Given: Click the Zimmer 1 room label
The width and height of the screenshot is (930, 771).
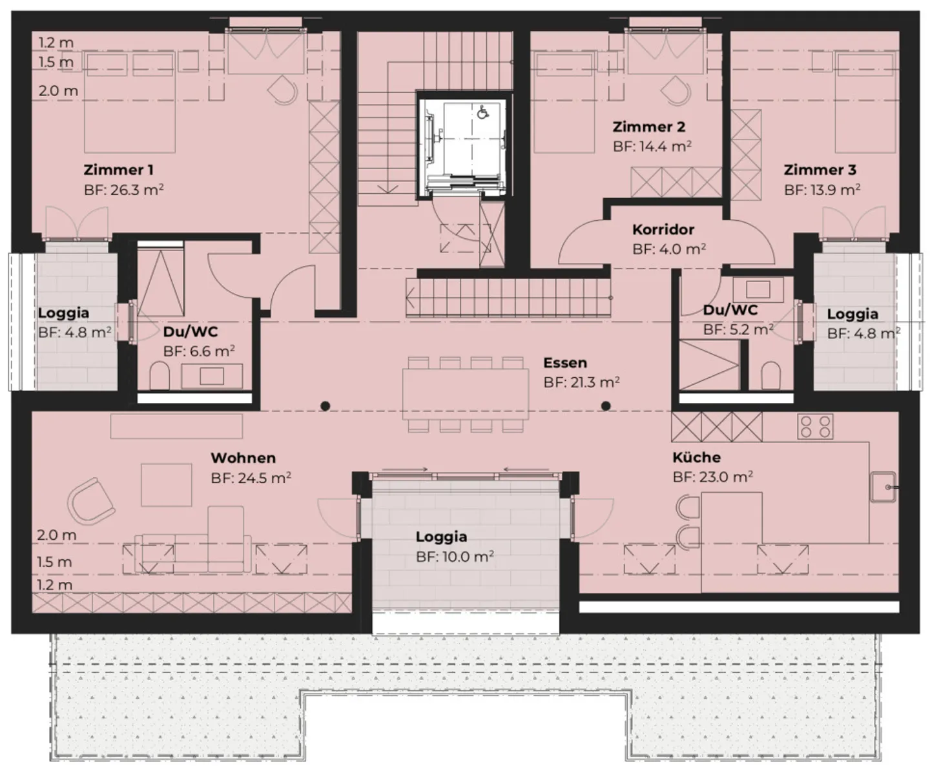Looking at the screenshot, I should point(118,170).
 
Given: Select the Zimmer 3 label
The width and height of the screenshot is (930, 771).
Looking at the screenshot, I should point(820,170).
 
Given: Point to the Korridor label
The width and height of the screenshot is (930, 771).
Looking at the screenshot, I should point(663,229).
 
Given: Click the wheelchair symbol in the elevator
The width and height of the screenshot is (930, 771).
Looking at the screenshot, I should point(482,112).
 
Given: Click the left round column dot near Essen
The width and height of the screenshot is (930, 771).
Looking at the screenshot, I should point(325,406).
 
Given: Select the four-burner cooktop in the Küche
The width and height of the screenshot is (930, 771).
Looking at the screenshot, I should point(815,426).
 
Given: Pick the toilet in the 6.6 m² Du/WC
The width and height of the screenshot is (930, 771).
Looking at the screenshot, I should point(159,376).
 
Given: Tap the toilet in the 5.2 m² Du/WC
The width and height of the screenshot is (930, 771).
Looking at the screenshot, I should point(770,375).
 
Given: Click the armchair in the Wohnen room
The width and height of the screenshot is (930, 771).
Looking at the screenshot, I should point(91,501).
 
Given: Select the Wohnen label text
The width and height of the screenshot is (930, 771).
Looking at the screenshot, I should point(243,458).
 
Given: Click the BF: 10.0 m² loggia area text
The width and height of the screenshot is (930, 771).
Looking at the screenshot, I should point(455,557).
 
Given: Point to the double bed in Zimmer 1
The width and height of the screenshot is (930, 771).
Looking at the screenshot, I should point(129,103).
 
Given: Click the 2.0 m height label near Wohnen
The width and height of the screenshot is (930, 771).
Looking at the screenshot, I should point(56,535).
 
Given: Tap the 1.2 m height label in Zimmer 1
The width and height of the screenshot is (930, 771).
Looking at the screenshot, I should point(56,43).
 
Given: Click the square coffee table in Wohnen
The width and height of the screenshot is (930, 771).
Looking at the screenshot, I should point(167,484).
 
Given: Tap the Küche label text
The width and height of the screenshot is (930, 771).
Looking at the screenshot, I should point(696,457).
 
